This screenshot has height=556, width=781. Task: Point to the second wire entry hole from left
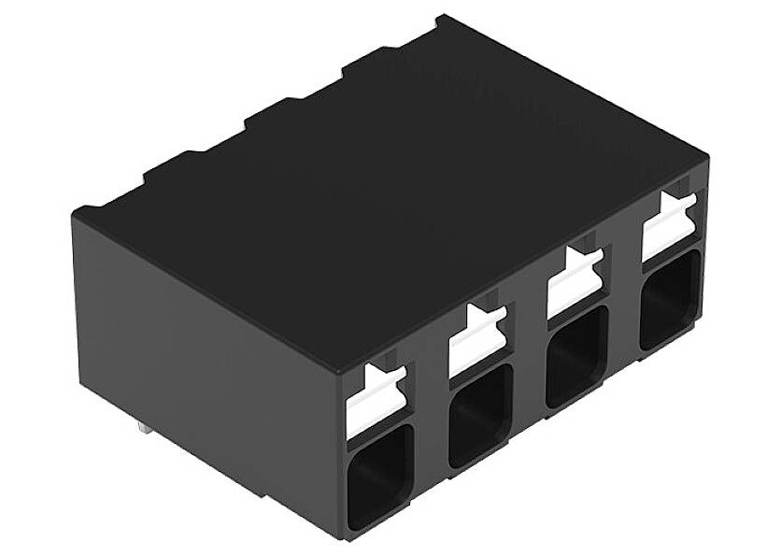click(x=479, y=414)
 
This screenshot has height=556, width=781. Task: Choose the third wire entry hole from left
click(x=576, y=353)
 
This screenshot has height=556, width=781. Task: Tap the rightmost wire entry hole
click(x=670, y=298)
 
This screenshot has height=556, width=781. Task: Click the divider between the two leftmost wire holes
click(x=430, y=439)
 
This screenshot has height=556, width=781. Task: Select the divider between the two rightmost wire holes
click(x=624, y=322)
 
